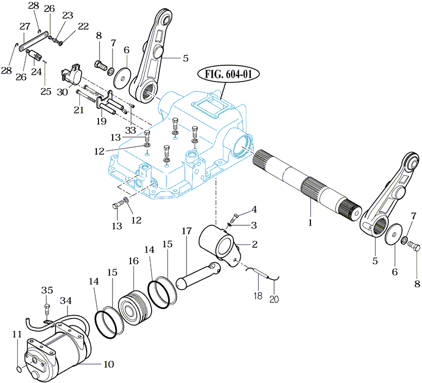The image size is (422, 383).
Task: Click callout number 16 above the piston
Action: pyautogui.click(x=134, y=261)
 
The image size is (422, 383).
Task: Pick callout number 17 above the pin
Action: pyautogui.click(x=186, y=231)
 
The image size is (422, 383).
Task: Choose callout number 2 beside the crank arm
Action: pyautogui.click(x=255, y=245)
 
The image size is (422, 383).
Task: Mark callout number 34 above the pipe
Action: pyautogui.click(x=66, y=301)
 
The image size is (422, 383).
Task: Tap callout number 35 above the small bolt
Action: pyautogui.click(x=46, y=291)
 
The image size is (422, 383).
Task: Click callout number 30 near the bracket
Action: pyautogui.click(x=63, y=92)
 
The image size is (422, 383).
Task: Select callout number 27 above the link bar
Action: pyautogui.click(x=24, y=26)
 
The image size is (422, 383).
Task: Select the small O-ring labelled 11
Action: pyautogui.click(x=20, y=370)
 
